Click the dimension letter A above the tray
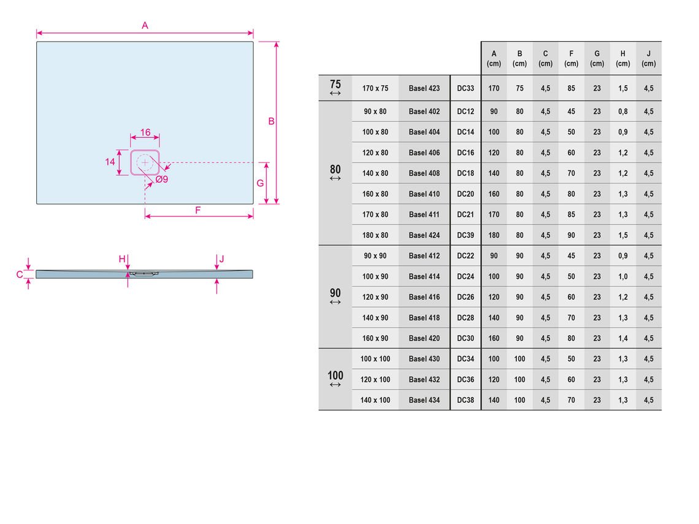[x=145, y=25]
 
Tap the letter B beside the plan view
[x=271, y=121]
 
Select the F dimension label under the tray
[x=198, y=210]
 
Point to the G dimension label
[x=261, y=183]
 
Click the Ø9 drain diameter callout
[x=162, y=179]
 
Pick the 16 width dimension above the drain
[x=145, y=132]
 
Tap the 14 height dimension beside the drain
[x=110, y=162]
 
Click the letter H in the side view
[x=122, y=259]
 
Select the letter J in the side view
[x=221, y=259]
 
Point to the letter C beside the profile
[x=20, y=275]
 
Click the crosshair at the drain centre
[x=145, y=162]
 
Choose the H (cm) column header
[x=623, y=58]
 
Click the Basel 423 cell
[x=424, y=88]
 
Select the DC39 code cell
[x=465, y=235]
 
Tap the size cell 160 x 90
[x=375, y=338]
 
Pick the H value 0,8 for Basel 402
[x=623, y=112]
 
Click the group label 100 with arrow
[x=335, y=379]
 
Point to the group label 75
[x=335, y=87]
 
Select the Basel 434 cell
[x=424, y=400]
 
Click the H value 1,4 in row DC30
[x=623, y=338]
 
